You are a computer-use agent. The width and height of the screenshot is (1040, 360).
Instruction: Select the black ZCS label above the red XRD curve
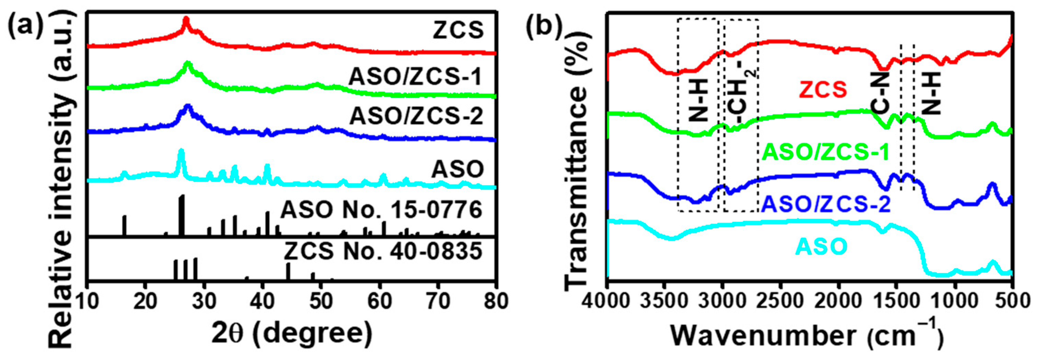[x=458, y=30]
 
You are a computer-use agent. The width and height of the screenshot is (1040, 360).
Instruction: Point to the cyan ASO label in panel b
[x=821, y=246]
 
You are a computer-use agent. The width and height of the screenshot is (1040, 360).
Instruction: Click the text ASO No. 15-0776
[x=381, y=210]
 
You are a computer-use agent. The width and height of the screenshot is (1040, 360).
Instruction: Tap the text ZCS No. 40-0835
[x=383, y=251]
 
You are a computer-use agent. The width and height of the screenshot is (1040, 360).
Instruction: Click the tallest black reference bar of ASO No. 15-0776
[x=182, y=215]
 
